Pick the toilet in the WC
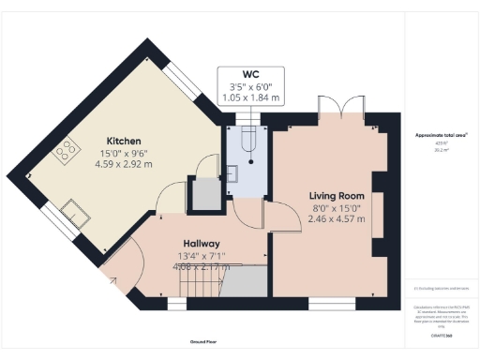pyautogui.click(x=247, y=141)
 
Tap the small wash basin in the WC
pyautogui.click(x=236, y=172)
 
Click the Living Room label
pyautogui.click(x=336, y=196)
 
